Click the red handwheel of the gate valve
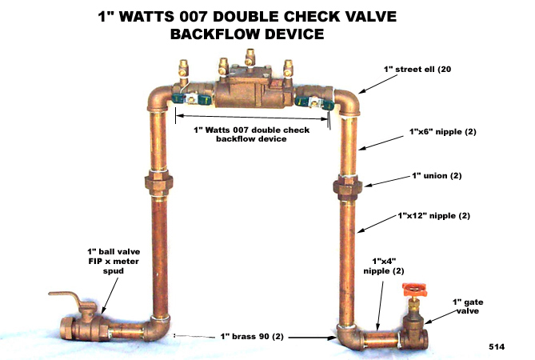pyautogui.click(x=414, y=290)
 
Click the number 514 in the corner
pyautogui.click(x=497, y=346)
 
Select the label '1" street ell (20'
pyautogui.click(x=417, y=70)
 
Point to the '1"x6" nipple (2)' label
pyautogui.click(x=443, y=132)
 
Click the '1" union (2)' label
pyautogui.click(x=437, y=176)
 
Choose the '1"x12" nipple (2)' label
pyautogui.click(x=434, y=216)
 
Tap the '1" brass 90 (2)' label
pyautogui.click(x=252, y=337)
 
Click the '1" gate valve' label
pyautogui.click(x=468, y=306)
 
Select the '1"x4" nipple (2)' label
pyautogui.click(x=384, y=266)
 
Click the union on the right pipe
pyautogui.click(x=348, y=187)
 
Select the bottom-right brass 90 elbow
pyautogui.click(x=349, y=337)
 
